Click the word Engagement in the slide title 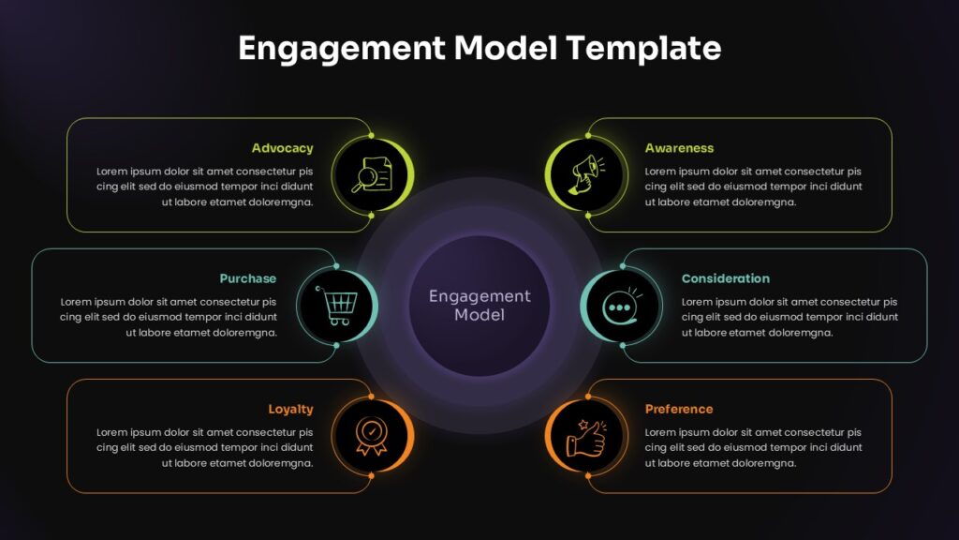[342, 49]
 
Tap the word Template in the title [643, 49]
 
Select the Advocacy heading [282, 149]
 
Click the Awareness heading [679, 148]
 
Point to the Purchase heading [247, 278]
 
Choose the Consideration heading [726, 278]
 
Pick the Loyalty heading [290, 410]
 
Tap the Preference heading [679, 409]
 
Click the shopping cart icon [336, 305]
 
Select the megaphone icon [587, 175]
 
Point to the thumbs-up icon [586, 437]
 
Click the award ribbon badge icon [371, 436]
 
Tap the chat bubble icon [622, 306]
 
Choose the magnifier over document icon [372, 175]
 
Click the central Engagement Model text [479, 306]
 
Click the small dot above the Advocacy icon [371, 135]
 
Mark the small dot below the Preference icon [588, 476]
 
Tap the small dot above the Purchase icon [336, 266]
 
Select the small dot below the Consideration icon [623, 345]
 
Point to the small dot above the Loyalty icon [371, 397]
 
